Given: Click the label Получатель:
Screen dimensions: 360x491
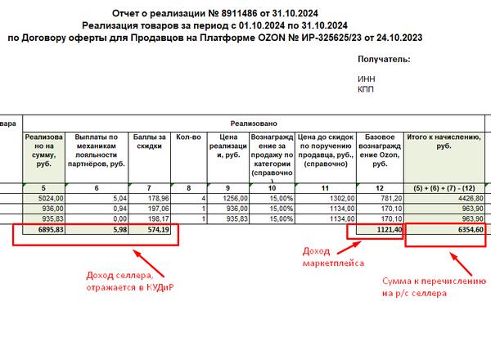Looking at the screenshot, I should (x=384, y=60).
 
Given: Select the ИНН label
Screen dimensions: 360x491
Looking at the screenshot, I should (x=367, y=79).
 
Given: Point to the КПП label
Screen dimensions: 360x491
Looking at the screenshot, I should (x=366, y=89).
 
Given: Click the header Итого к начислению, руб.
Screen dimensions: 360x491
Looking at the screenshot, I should (x=445, y=141).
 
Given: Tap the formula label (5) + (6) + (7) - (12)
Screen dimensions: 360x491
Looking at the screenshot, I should (x=445, y=188).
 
